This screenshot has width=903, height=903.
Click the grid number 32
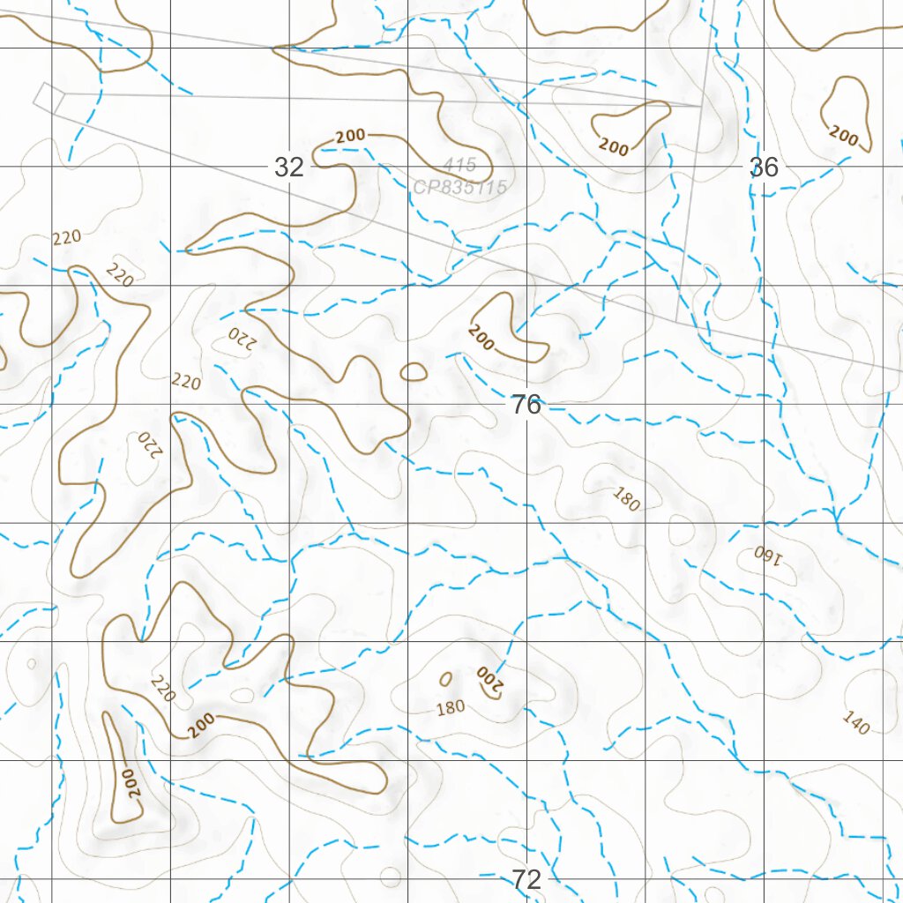[289, 167]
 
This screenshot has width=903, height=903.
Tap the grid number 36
[764, 167]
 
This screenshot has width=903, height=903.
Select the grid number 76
[526, 405]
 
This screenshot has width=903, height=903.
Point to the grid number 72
[526, 879]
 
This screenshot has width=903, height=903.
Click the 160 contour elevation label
[768, 555]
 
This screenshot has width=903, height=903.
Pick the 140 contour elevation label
[855, 722]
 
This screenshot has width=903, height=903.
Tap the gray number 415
[459, 164]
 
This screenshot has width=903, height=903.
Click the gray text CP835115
[459, 187]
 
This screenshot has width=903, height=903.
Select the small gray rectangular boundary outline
[49, 97]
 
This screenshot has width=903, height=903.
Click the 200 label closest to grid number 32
[351, 136]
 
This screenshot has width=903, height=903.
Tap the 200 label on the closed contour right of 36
[844, 136]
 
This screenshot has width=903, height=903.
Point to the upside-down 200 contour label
[488, 678]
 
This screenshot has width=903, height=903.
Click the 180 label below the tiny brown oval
[451, 707]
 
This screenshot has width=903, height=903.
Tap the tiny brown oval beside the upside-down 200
[445, 678]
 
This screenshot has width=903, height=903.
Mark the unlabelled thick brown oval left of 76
[414, 373]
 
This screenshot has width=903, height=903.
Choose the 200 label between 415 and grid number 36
[614, 146]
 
